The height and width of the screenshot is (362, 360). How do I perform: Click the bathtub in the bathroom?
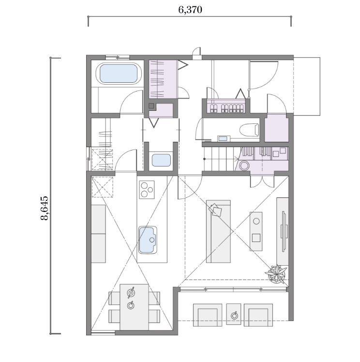119,74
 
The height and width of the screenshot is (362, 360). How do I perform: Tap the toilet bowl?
249,130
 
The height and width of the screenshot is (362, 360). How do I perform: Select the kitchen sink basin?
148,240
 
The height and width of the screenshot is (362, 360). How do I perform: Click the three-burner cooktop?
147,190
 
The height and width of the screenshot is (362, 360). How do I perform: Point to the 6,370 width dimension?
190,10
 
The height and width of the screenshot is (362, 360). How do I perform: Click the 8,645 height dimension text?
45,208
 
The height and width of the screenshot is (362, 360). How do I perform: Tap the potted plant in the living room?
276,274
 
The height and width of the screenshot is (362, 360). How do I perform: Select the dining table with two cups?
134,307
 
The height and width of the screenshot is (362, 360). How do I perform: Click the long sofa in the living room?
218,231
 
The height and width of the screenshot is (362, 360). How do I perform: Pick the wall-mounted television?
284,231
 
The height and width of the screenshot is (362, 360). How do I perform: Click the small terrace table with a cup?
234,314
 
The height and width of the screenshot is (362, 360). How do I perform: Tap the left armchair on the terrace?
208,315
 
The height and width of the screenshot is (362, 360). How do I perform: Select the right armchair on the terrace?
258,315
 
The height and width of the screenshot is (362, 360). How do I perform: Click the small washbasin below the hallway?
161,160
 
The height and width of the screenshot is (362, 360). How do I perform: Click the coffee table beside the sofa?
256,231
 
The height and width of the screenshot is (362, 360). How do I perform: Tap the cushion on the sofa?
215,210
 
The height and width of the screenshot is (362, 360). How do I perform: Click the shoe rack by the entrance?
226,106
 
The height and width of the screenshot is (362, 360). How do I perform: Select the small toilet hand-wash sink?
223,138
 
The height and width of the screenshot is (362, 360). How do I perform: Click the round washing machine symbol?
244,166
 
